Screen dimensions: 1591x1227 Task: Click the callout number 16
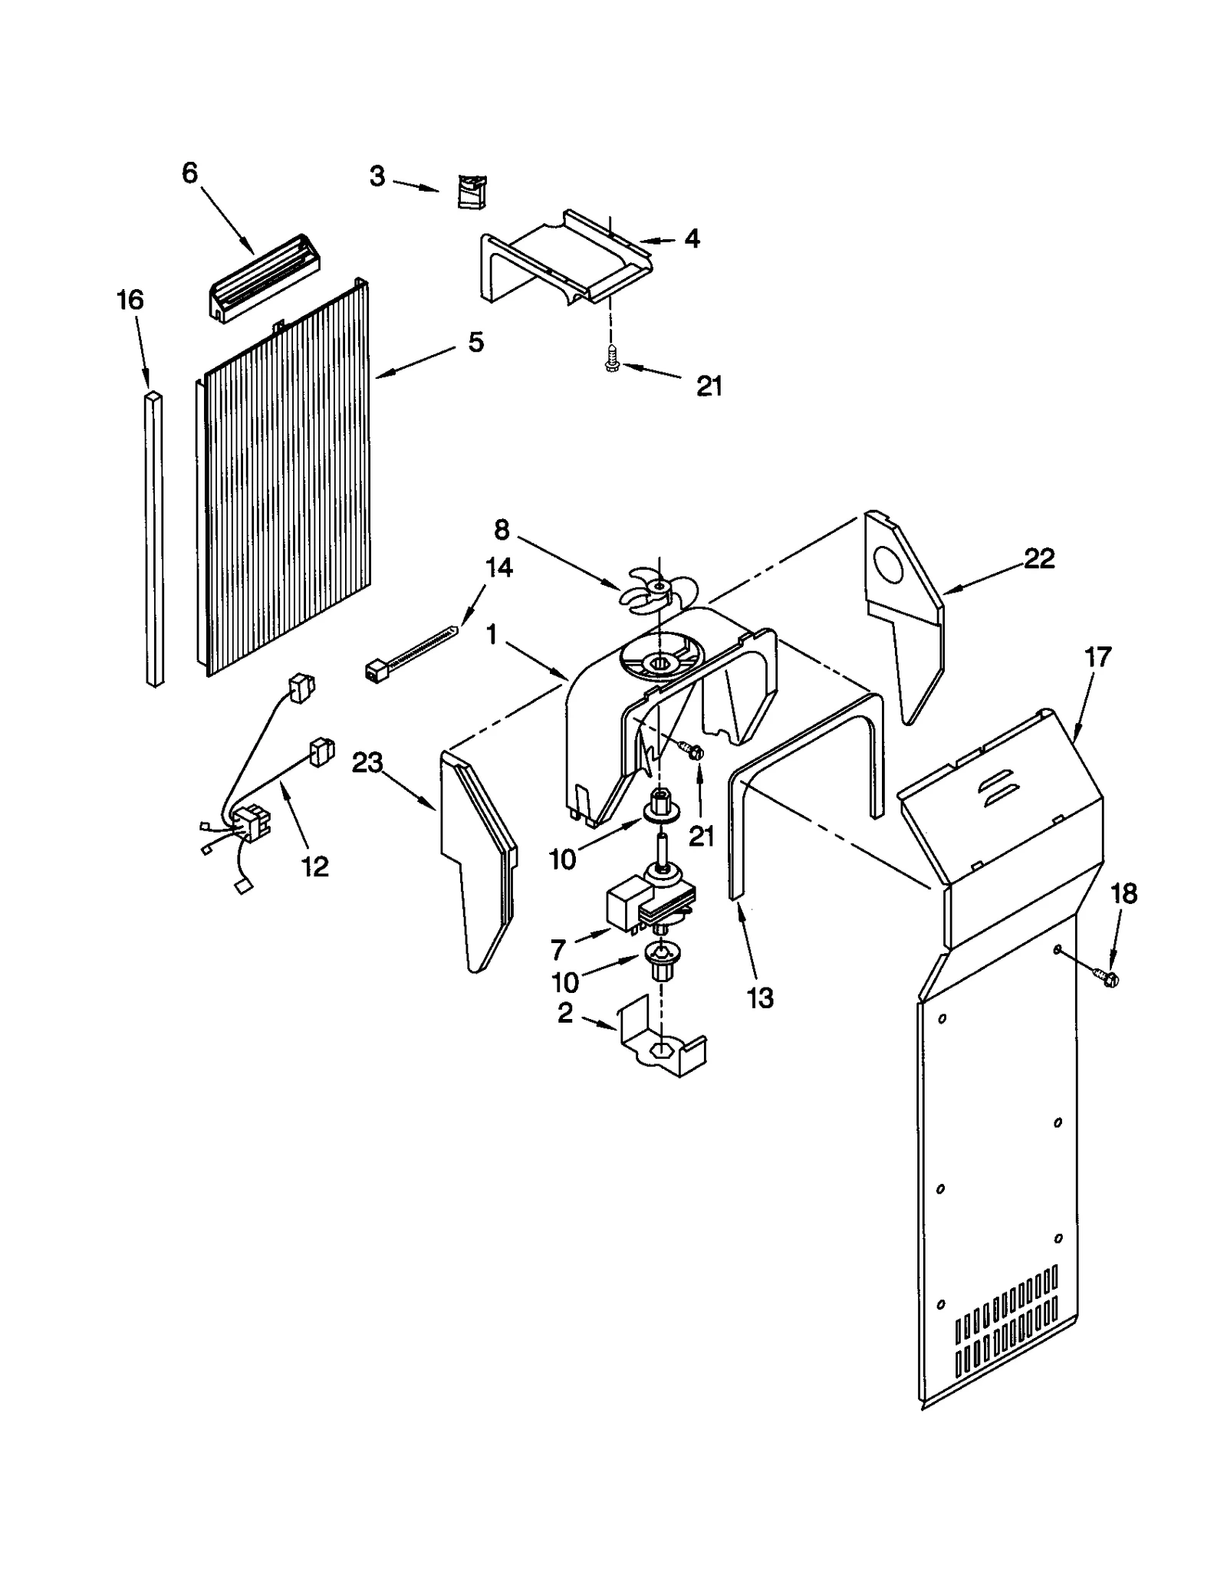tap(130, 300)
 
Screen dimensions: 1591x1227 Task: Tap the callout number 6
tap(189, 173)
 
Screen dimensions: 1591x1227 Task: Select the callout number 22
tap(1039, 558)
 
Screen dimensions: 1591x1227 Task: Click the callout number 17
tap(1097, 657)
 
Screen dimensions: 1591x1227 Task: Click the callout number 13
tap(760, 998)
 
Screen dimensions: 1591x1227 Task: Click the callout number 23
tap(367, 762)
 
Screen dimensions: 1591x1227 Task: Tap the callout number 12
tap(314, 866)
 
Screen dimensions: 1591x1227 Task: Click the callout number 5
tap(476, 342)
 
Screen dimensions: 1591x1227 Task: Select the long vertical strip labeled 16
tap(154, 537)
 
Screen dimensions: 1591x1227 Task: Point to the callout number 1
tap(492, 634)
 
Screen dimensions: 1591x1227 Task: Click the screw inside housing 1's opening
tap(693, 751)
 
